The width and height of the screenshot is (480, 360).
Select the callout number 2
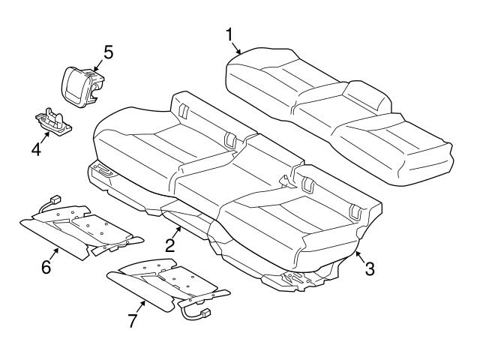coord(169,244)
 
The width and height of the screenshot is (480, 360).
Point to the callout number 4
coord(35,149)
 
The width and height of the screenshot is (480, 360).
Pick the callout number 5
coord(108,52)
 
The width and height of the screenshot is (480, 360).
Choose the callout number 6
coord(46,266)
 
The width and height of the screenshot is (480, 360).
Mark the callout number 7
coord(132,320)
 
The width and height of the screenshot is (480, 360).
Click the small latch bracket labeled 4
coord(54,121)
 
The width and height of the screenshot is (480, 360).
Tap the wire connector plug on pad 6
coord(53,201)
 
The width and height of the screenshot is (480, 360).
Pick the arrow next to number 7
coord(142,305)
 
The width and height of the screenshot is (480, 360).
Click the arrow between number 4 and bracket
coord(45,137)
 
